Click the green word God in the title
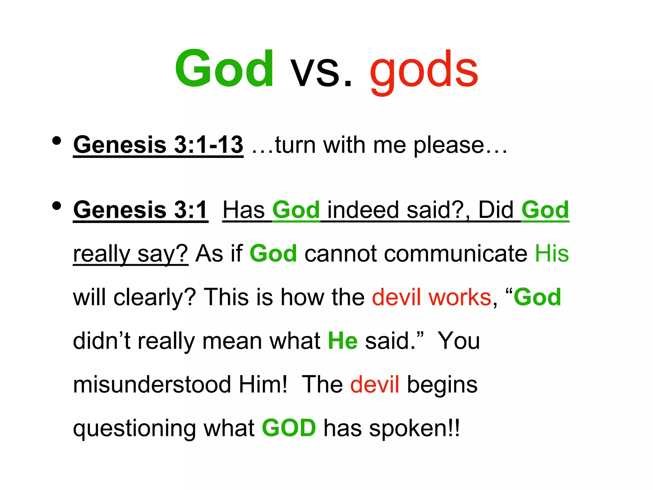224,69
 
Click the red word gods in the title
424,70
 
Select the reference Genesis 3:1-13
158,145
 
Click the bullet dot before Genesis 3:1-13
57,141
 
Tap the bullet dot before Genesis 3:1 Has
57,206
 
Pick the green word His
552,254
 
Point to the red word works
460,297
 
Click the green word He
343,341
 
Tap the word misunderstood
152,384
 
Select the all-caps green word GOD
289,428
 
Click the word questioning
134,429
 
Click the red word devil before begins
375,384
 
